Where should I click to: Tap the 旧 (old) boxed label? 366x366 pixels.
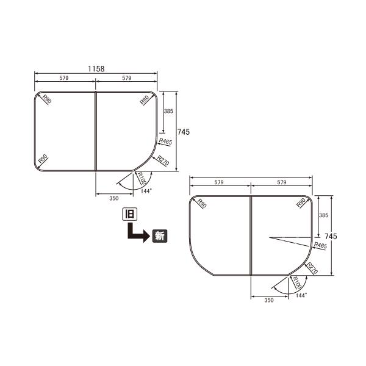point(129,214)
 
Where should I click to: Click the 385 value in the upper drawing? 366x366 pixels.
point(169,112)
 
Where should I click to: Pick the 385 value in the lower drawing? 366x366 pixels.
point(324,216)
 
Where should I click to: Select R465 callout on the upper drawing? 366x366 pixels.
point(165,142)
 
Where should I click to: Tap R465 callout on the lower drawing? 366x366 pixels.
point(320,245)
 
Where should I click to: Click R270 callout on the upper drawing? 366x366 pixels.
point(163,161)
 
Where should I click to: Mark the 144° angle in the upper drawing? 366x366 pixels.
point(146,191)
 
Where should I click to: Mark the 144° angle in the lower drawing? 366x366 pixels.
point(301,295)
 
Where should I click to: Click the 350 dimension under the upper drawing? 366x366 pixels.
point(113,198)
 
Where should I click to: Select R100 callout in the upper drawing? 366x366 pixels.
point(140,178)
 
